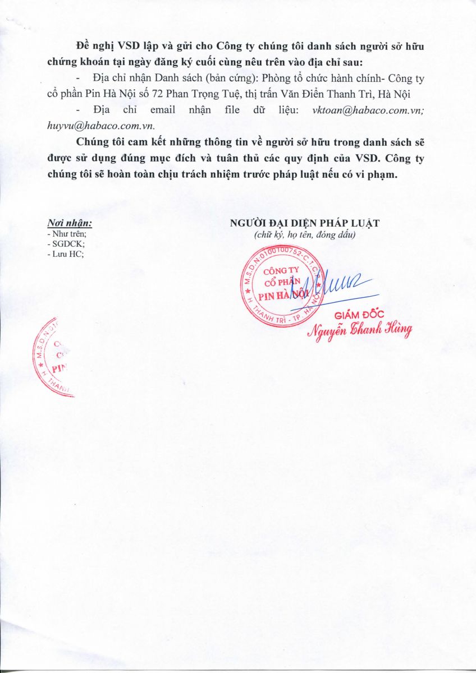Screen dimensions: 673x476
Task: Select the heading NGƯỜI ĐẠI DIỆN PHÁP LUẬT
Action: (305, 223)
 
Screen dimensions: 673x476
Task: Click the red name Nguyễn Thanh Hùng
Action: (359, 330)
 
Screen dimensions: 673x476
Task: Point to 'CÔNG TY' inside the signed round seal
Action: (280, 269)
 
